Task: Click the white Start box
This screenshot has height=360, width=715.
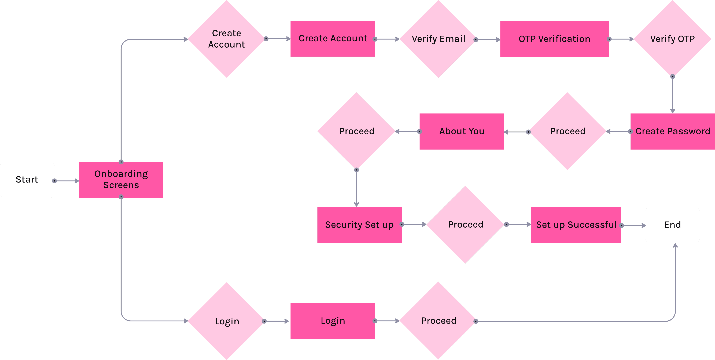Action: [27, 180]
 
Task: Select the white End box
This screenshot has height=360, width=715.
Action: [672, 225]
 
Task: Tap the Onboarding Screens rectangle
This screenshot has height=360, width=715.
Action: [121, 180]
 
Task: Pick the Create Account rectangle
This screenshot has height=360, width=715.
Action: [333, 39]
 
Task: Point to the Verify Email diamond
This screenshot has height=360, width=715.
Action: [438, 39]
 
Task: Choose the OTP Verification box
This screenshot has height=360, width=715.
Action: [554, 39]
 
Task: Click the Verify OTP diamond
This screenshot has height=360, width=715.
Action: [672, 39]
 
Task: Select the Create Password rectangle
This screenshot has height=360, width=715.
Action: [672, 131]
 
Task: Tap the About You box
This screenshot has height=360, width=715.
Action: [462, 131]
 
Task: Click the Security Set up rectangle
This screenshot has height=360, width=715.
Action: [359, 225]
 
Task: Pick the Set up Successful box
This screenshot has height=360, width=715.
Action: [576, 225]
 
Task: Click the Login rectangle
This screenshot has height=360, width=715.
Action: [333, 321]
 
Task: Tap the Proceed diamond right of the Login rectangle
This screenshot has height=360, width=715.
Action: [438, 321]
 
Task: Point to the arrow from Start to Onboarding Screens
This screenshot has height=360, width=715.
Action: [67, 181]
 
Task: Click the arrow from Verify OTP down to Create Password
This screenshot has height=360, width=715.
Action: [673, 94]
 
